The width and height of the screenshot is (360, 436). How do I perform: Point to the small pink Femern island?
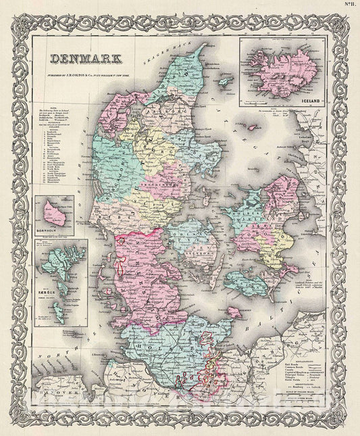233,312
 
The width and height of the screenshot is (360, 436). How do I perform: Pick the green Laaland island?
243,282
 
